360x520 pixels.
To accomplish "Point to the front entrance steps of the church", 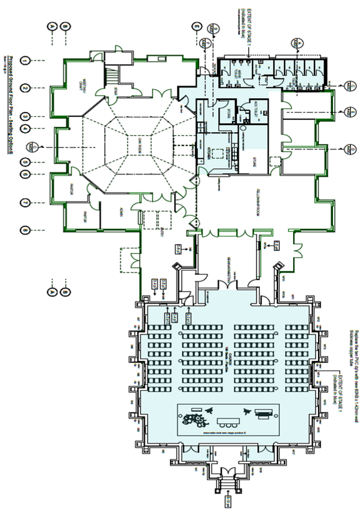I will [228, 478].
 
